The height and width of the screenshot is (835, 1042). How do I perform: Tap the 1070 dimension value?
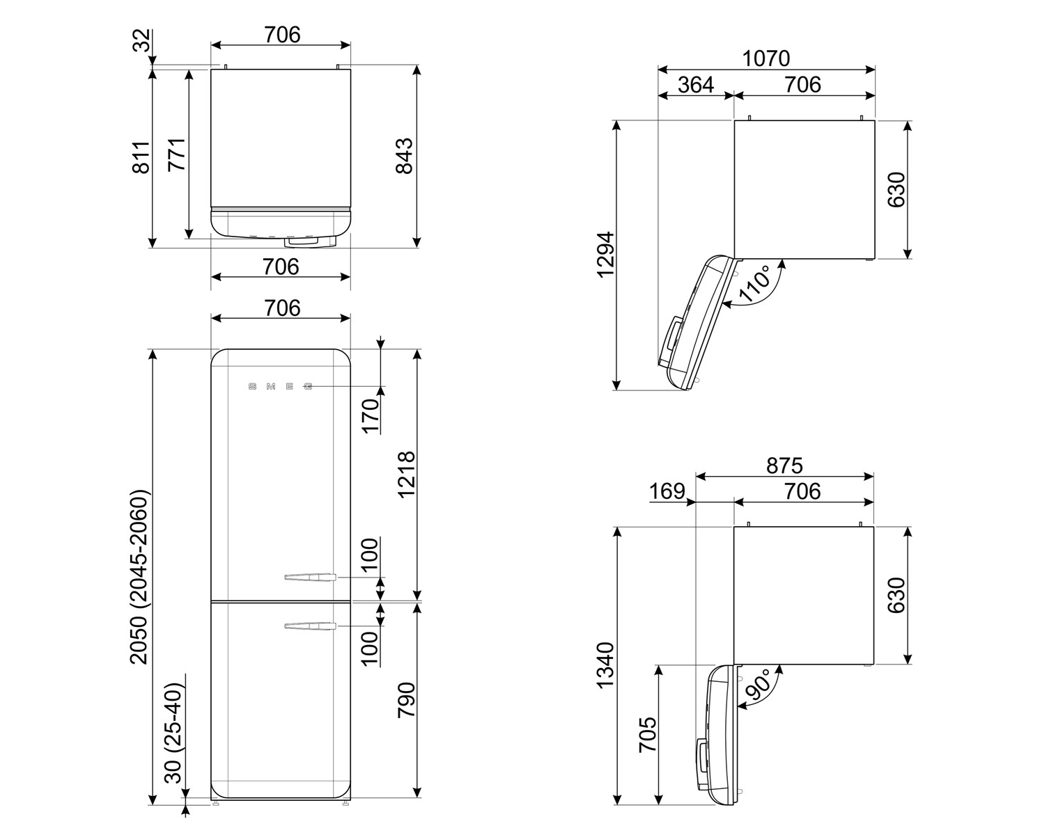tap(766, 58)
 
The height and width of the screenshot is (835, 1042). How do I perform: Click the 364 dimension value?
tap(696, 85)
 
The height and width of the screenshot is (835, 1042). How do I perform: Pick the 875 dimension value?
tap(784, 466)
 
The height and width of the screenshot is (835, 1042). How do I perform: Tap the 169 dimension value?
tap(667, 491)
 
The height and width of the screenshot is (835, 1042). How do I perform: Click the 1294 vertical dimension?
tap(605, 255)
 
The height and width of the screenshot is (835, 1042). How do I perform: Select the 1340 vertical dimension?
tap(605, 665)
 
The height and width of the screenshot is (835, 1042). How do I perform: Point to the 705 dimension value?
tap(648, 734)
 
